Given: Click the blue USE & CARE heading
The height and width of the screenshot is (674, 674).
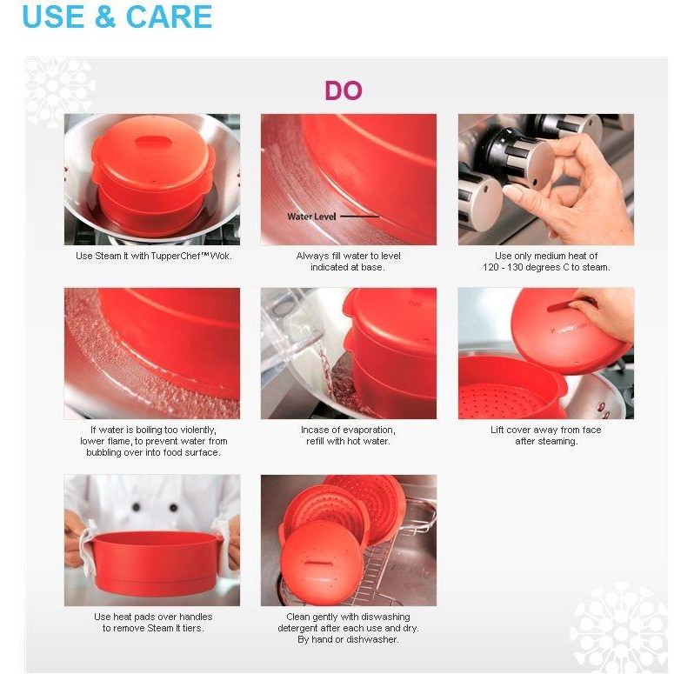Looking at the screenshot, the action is click(117, 17).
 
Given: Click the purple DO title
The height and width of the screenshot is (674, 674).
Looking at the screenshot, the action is click(344, 90).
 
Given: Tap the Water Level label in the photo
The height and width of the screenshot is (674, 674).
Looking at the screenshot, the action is click(311, 217).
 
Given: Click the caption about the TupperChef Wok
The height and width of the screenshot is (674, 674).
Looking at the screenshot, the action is click(153, 257).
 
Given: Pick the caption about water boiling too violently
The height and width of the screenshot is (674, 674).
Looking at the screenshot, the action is click(153, 441).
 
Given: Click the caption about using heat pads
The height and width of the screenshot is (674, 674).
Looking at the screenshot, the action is click(153, 623).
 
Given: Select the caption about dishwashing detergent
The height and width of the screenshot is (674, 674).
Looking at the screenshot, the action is click(348, 628).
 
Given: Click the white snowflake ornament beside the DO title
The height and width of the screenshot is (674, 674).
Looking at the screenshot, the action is click(58, 91).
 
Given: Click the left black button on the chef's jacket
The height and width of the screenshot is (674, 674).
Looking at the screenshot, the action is click(137, 507).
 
